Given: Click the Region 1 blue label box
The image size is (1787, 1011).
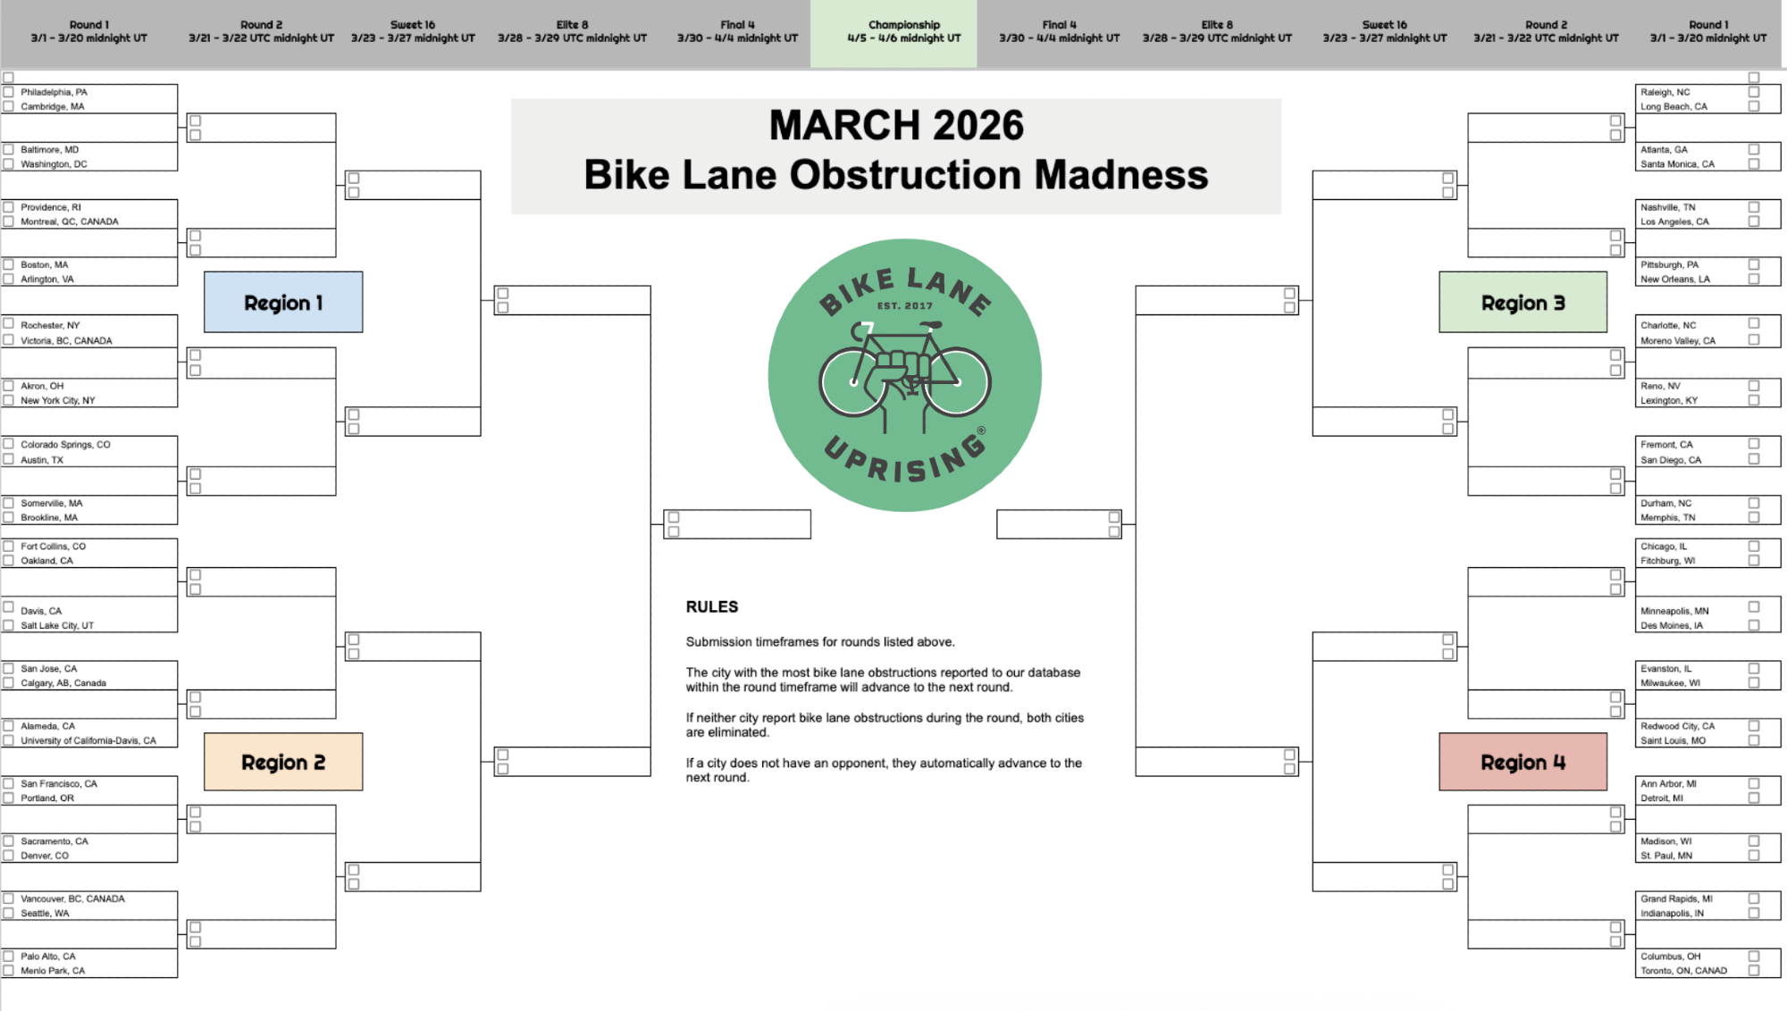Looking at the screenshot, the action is [x=283, y=302].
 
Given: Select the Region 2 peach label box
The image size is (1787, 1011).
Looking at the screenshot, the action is [x=283, y=762].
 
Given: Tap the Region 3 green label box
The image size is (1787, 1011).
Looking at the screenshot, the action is [x=1523, y=302].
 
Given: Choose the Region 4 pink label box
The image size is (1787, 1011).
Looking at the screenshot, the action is [x=1523, y=762].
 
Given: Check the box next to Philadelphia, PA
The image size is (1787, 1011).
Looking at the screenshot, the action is [x=9, y=92].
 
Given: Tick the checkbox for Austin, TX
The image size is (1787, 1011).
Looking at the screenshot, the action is [x=9, y=459].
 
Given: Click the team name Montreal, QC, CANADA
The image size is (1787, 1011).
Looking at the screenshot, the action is [x=70, y=221].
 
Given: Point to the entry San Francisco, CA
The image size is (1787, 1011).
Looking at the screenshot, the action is [x=59, y=783].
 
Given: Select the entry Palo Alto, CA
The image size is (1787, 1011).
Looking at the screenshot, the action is [x=48, y=956].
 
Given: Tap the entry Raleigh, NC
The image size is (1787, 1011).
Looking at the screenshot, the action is [x=1665, y=92].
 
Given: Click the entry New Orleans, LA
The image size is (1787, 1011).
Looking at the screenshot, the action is [x=1675, y=279].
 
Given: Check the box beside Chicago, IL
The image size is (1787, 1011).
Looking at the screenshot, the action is [x=1754, y=546].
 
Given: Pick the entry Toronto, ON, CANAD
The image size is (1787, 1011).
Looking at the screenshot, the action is [x=1683, y=970].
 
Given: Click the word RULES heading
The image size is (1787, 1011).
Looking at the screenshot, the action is [x=712, y=606].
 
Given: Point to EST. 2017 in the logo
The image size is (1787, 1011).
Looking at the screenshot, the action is [x=904, y=305].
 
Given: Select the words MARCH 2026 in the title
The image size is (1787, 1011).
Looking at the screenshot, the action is [x=896, y=125].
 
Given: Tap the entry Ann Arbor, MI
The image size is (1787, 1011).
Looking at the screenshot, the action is [x=1668, y=783].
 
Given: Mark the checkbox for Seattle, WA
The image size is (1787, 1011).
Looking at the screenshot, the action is [x=9, y=913].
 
